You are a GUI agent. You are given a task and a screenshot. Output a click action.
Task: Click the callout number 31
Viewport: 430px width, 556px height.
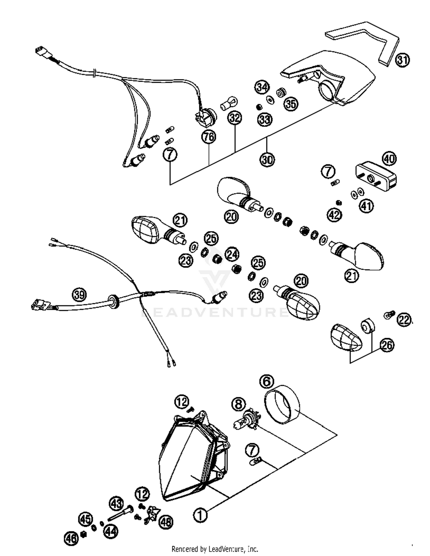[402, 60]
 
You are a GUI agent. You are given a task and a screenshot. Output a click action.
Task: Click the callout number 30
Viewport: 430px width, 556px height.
[267, 159]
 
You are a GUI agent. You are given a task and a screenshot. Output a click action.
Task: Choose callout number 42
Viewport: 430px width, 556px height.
[335, 215]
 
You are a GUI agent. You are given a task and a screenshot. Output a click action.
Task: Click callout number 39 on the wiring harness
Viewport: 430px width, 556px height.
[79, 294]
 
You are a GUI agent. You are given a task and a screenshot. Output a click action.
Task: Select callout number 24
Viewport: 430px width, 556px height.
[232, 254]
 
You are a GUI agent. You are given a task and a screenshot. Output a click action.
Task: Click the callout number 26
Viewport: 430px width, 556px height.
[387, 345]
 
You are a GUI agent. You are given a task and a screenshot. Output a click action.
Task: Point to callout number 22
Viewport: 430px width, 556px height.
[404, 320]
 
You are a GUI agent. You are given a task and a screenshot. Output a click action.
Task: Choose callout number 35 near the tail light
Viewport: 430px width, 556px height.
[291, 103]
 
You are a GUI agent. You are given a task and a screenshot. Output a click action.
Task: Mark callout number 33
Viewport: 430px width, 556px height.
[265, 119]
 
